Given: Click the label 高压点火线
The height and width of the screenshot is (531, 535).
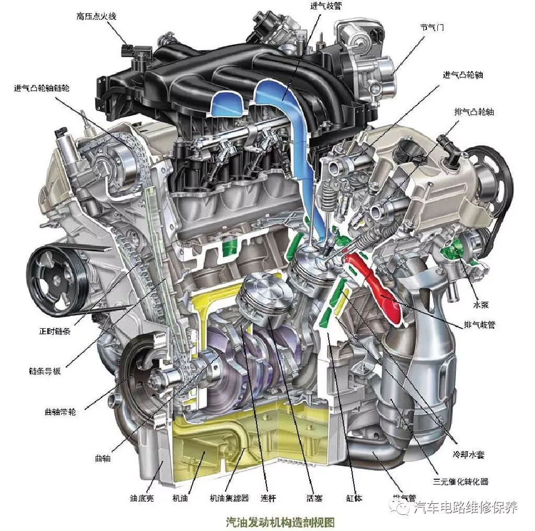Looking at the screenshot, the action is click(97, 16).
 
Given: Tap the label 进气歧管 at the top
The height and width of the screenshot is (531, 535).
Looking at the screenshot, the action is click(326, 6).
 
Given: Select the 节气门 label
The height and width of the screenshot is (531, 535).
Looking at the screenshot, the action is click(432, 27).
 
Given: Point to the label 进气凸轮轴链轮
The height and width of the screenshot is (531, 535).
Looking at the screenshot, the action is click(42, 88).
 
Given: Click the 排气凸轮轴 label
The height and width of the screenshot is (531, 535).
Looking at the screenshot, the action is click(474, 112).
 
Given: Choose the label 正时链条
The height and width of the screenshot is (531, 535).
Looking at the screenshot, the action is click(54, 331).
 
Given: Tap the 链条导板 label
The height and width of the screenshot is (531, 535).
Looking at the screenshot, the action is click(45, 371).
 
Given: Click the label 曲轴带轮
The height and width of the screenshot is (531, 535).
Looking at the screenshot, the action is click(60, 412).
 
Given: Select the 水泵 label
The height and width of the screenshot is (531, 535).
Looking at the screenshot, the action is click(481, 305).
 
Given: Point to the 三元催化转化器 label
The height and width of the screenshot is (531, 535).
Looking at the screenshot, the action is click(461, 481).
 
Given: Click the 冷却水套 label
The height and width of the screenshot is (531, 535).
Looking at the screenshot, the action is click(469, 455).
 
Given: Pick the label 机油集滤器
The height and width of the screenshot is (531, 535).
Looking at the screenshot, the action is click(229, 498).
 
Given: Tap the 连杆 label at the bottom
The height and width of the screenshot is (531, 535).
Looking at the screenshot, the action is click(268, 498).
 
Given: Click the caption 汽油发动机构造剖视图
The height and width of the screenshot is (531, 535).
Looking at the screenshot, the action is click(280, 522).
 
